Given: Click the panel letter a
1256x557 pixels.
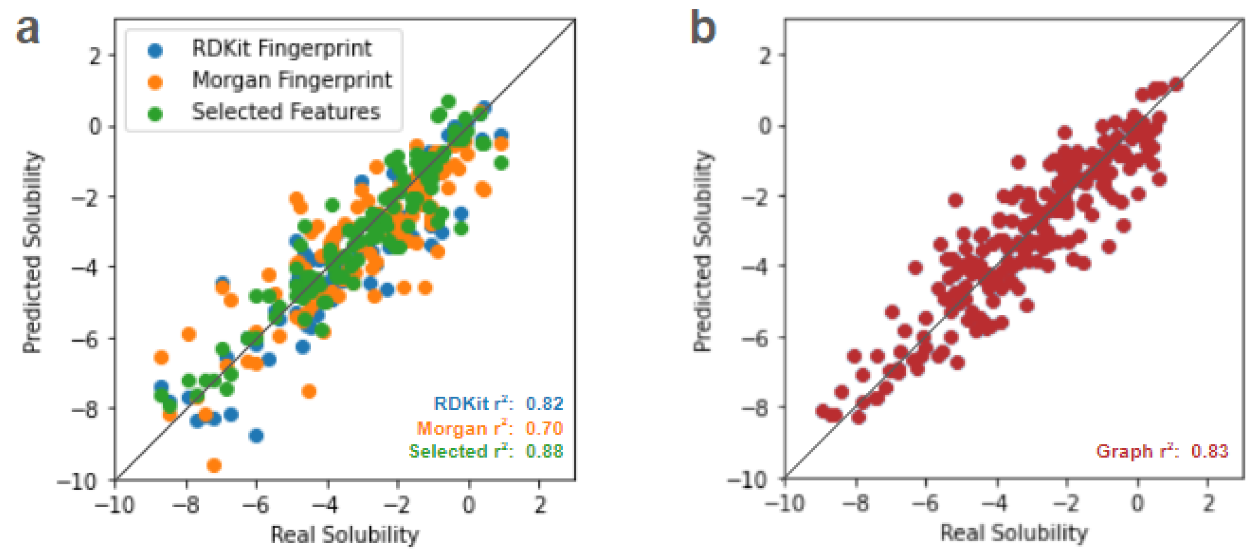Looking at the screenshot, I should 27,29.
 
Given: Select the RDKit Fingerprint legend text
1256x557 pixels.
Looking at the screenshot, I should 282,48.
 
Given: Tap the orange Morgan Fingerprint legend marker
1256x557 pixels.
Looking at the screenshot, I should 155,82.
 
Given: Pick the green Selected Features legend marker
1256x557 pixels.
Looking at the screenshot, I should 155,113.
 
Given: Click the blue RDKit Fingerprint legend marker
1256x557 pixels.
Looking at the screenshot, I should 155,50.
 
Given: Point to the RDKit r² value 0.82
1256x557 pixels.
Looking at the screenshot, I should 544,404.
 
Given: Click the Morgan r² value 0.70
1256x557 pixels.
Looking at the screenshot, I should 544,428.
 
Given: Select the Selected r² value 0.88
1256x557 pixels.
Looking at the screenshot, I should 544,451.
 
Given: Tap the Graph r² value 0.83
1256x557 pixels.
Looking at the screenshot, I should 1210,451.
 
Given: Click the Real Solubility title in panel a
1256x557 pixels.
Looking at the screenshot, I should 345,534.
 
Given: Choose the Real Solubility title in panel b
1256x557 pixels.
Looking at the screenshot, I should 1014,533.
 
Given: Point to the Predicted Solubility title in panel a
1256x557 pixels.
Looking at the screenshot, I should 32,252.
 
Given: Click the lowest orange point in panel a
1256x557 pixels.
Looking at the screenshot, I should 214,465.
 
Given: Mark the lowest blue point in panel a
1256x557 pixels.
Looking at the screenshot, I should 256,435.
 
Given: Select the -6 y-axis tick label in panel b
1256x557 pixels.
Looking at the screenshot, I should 757,337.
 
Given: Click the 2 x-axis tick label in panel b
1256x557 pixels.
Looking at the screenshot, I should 1208,503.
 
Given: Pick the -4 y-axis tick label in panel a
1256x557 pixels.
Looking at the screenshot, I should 86,267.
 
